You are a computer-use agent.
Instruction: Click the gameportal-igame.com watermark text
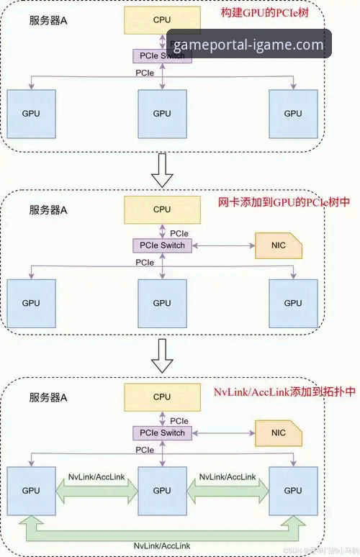pyautogui.click(x=248, y=45)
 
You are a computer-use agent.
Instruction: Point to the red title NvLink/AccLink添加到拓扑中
pyautogui.click(x=285, y=392)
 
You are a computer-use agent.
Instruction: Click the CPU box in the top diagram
pyautogui.click(x=162, y=21)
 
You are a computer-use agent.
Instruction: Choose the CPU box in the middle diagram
pyautogui.click(x=162, y=209)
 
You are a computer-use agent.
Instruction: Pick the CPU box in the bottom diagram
pyautogui.click(x=162, y=397)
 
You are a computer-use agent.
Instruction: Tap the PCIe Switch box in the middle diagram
pyautogui.click(x=162, y=245)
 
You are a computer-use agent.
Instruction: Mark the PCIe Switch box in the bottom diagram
pyautogui.click(x=162, y=433)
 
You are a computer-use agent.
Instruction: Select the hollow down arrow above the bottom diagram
pyautogui.click(x=163, y=357)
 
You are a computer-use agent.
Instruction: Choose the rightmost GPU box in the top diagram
pyautogui.click(x=292, y=114)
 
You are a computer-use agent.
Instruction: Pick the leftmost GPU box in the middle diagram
pyautogui.click(x=31, y=303)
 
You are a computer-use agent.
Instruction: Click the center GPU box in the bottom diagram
pyautogui.click(x=162, y=491)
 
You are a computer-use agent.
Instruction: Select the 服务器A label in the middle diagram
pyautogui.click(x=48, y=210)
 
